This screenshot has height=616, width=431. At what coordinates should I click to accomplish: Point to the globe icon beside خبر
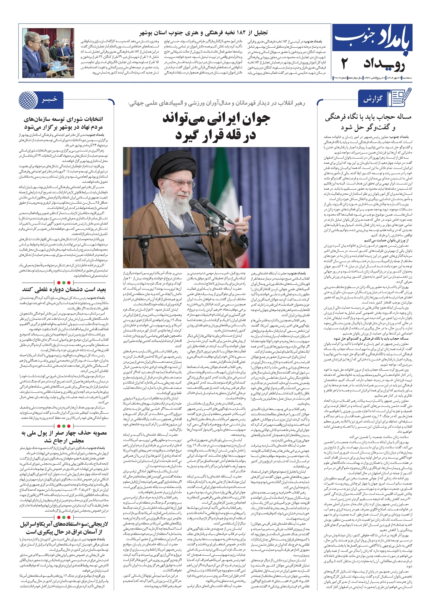pyautogui.click(x=28, y=100)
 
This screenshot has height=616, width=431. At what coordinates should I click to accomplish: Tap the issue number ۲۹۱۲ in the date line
pyautogui.click(x=337, y=77)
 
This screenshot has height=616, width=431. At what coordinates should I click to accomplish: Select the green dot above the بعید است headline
pyautogui.click(x=63, y=282)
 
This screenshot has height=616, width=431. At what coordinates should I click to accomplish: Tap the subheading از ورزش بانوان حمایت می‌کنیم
pyautogui.click(x=386, y=240)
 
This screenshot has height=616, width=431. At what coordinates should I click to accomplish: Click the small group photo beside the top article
pyautogui.click(x=48, y=53)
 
